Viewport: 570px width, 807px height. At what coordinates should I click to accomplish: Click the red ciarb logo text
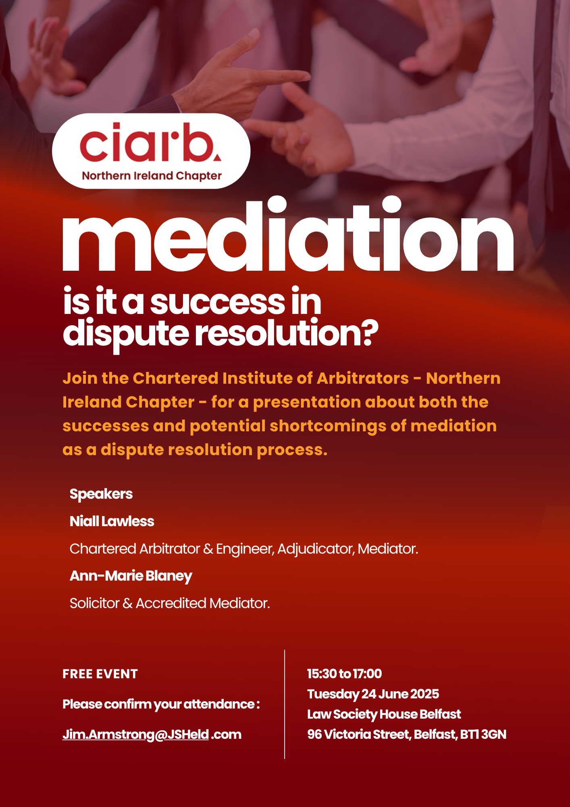[x=150, y=142]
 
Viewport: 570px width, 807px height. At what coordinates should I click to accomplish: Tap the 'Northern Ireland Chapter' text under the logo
[x=152, y=176]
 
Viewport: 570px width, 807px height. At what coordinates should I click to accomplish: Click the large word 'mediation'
[x=288, y=234]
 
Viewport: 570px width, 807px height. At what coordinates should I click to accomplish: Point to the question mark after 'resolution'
[x=368, y=333]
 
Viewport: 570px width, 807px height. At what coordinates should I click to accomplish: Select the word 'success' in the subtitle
[x=218, y=302]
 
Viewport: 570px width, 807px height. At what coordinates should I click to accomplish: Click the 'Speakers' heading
[x=101, y=494]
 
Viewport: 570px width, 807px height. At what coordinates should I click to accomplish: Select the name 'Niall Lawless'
[x=112, y=521]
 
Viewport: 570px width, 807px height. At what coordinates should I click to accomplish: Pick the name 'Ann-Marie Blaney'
[x=131, y=576]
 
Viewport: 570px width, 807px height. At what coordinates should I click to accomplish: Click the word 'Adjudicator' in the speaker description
[x=316, y=549]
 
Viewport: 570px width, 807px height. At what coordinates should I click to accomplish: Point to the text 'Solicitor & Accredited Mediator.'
[x=170, y=603]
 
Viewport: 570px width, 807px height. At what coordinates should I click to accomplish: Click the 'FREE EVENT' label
[x=100, y=674]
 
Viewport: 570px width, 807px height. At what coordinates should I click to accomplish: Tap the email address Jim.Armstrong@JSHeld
[x=136, y=735]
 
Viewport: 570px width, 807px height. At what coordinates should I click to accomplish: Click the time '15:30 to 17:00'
[x=345, y=673]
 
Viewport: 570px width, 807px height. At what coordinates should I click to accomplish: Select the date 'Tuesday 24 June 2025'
[x=373, y=694]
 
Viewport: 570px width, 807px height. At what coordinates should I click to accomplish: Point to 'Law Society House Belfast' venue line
[x=384, y=714]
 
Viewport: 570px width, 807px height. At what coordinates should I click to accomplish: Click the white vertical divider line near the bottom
[x=285, y=704]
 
